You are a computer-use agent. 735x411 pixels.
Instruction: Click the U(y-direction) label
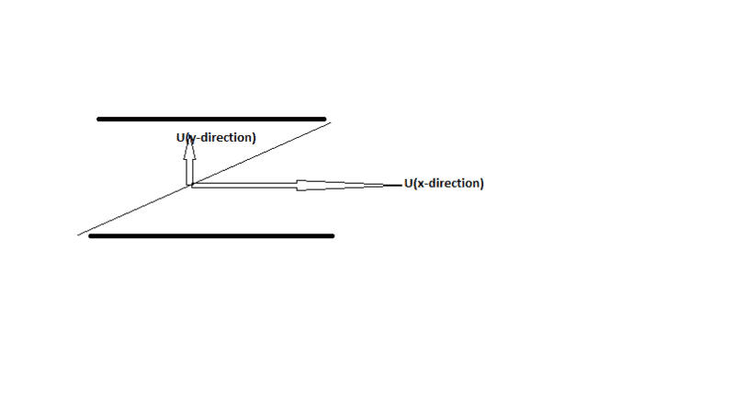(216, 138)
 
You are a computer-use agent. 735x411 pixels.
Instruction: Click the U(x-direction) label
(444, 183)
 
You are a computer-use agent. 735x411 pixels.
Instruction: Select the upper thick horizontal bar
(211, 119)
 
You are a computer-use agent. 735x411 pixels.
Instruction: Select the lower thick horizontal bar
(211, 236)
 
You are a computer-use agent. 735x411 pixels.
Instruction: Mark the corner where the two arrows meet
(190, 186)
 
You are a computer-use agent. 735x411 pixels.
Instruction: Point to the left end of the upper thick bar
(99, 119)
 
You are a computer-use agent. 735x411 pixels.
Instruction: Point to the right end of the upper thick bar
(324, 119)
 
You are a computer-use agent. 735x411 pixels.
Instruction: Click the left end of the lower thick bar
(91, 236)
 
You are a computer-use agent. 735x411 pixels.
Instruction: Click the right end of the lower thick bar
(332, 236)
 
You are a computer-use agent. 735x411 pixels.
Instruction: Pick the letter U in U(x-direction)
(409, 183)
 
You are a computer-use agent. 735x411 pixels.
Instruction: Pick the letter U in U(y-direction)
(181, 138)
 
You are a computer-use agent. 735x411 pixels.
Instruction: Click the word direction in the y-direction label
(228, 138)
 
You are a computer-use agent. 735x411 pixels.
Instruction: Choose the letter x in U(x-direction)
(420, 184)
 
